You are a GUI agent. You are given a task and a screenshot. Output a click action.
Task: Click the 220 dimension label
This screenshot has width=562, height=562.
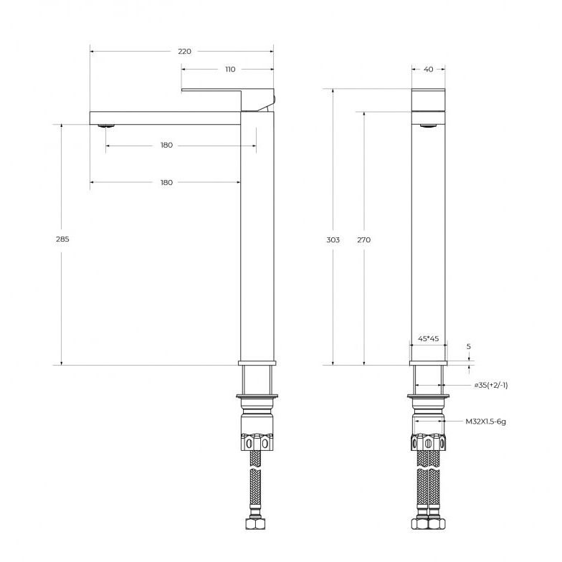(x=185, y=52)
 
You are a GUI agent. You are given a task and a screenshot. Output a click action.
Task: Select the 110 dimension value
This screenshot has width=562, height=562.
(x=230, y=69)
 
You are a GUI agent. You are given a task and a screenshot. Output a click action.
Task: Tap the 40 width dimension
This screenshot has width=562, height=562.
(x=429, y=69)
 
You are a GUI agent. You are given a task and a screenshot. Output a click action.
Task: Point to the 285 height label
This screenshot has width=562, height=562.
(x=62, y=239)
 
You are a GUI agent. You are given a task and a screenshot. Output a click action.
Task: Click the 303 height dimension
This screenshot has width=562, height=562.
(x=333, y=239)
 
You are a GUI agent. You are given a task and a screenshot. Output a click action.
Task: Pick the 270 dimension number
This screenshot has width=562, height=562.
(x=364, y=239)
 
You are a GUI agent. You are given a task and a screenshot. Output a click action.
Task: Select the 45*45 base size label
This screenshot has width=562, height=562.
(x=429, y=338)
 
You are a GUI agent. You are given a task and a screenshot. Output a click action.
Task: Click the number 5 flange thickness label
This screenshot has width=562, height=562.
(x=469, y=347)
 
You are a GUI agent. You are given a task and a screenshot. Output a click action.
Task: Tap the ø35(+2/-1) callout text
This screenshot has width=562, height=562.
(x=491, y=386)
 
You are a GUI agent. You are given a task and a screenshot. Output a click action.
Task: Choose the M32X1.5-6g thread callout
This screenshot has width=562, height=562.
(x=486, y=421)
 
